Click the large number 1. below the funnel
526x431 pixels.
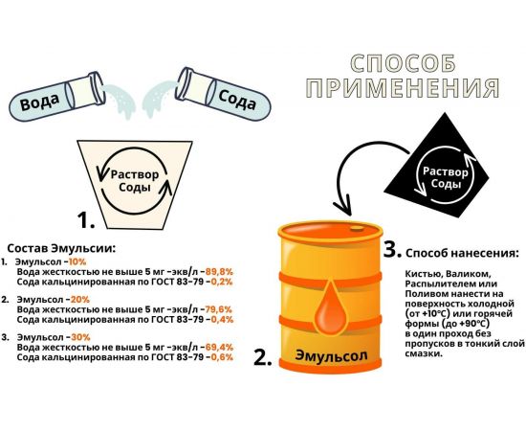pyautogui.click(x=87, y=221)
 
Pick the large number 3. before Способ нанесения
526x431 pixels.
pyautogui.click(x=390, y=251)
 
